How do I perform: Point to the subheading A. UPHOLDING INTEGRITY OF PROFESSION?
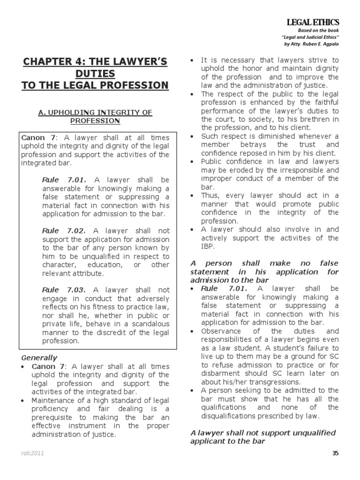coord(95,116)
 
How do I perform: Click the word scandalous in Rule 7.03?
coord(145,324)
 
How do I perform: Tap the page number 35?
coord(335,453)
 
